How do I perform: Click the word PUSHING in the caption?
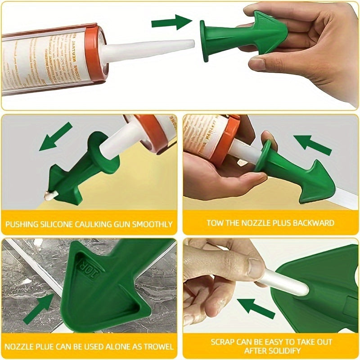pyautogui.click(x=22, y=224)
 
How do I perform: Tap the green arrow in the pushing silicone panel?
pyautogui.click(x=56, y=136)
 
